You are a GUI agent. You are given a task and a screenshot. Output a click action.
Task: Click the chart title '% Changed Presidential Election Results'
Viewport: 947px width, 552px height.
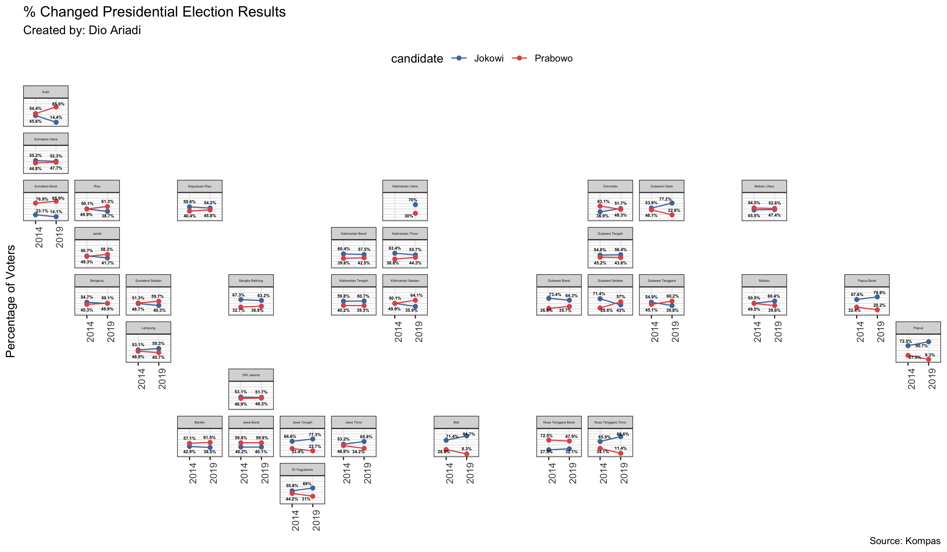154,12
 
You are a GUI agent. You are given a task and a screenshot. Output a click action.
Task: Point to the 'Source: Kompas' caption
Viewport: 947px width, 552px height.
905,541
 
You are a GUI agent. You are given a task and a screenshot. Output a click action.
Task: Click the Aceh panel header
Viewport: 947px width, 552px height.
46,92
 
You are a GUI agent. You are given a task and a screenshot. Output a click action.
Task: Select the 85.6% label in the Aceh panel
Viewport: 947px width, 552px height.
58,104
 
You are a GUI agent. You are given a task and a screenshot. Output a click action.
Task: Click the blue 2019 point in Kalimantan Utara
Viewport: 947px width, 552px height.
415,205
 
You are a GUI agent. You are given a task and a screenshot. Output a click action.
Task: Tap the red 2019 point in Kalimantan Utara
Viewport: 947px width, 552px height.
415,213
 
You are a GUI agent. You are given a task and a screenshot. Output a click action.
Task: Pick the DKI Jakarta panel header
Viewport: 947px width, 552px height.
251,375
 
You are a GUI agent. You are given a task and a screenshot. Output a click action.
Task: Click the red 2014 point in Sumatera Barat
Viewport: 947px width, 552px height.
35,203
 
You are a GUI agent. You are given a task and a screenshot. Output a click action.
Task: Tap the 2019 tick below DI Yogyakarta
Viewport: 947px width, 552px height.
316,520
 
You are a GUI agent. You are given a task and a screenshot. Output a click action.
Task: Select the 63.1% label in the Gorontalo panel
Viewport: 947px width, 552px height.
603,202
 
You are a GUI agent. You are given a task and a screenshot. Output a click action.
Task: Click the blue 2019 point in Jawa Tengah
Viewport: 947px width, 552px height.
313,439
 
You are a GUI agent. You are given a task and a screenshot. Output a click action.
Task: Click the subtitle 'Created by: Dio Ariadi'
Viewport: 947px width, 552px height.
82,30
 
